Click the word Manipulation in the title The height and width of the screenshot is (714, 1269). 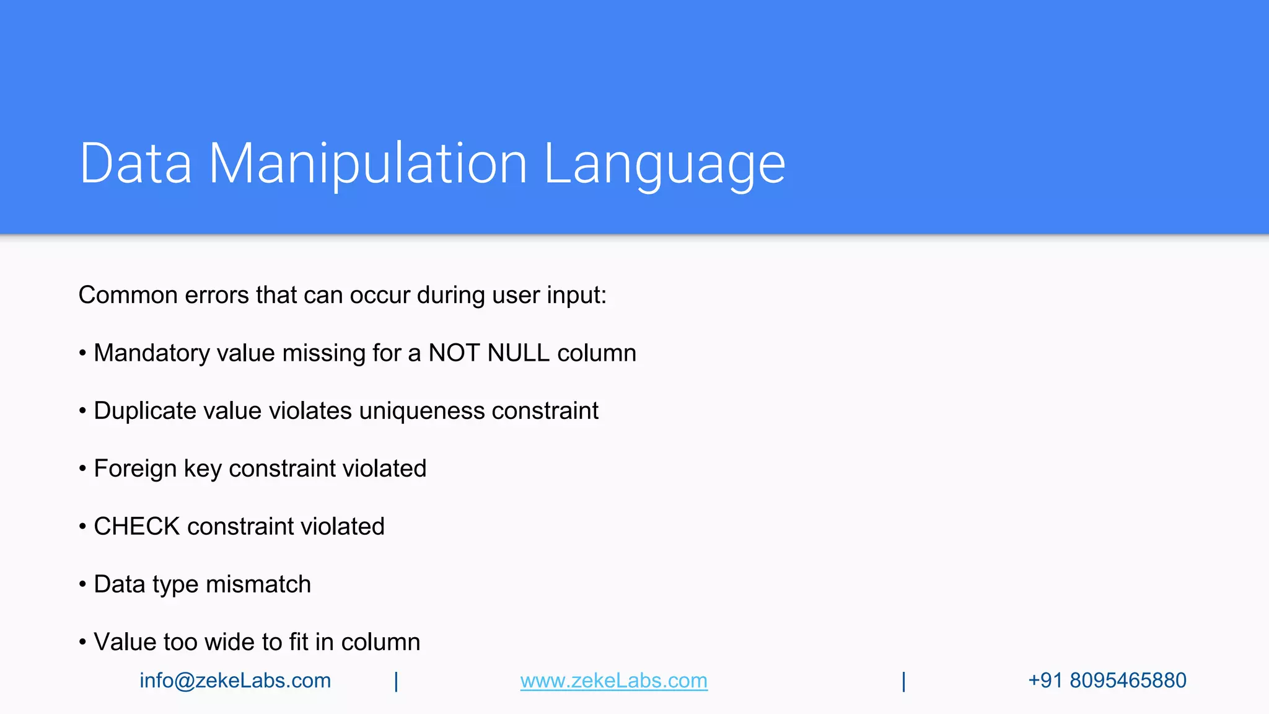367,164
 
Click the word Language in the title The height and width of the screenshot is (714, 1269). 664,164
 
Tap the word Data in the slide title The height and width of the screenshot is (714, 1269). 136,164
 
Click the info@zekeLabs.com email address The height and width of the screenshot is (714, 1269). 235,681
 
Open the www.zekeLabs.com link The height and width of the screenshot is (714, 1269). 613,681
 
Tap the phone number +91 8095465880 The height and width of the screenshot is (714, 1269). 1107,681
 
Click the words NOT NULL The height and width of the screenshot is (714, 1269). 488,353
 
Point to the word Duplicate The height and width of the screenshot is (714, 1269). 144,411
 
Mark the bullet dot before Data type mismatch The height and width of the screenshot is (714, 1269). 82,584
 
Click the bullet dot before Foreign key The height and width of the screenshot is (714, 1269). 82,469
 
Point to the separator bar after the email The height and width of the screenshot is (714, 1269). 396,681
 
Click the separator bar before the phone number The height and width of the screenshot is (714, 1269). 903,681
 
